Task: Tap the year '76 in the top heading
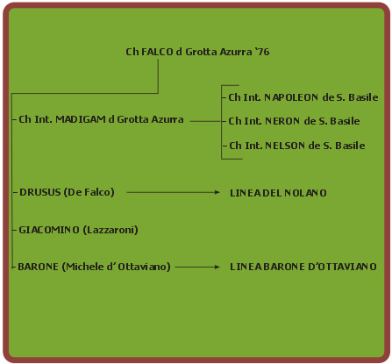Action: click(262, 52)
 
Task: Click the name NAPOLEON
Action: click(291, 97)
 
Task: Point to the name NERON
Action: click(282, 121)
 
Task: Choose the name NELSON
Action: click(285, 146)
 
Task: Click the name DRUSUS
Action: click(39, 192)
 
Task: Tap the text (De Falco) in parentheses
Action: click(89, 192)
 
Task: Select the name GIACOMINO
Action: click(49, 230)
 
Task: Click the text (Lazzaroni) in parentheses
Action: click(110, 230)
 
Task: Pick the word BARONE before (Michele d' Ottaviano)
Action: click(38, 267)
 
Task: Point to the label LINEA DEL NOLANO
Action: click(278, 193)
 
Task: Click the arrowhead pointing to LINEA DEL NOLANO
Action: click(217, 192)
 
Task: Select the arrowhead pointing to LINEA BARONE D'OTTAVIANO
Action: click(217, 267)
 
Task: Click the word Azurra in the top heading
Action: click(236, 52)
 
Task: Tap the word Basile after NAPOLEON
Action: click(363, 97)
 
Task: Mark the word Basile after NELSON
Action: click(350, 146)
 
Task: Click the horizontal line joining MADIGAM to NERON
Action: click(206, 121)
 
